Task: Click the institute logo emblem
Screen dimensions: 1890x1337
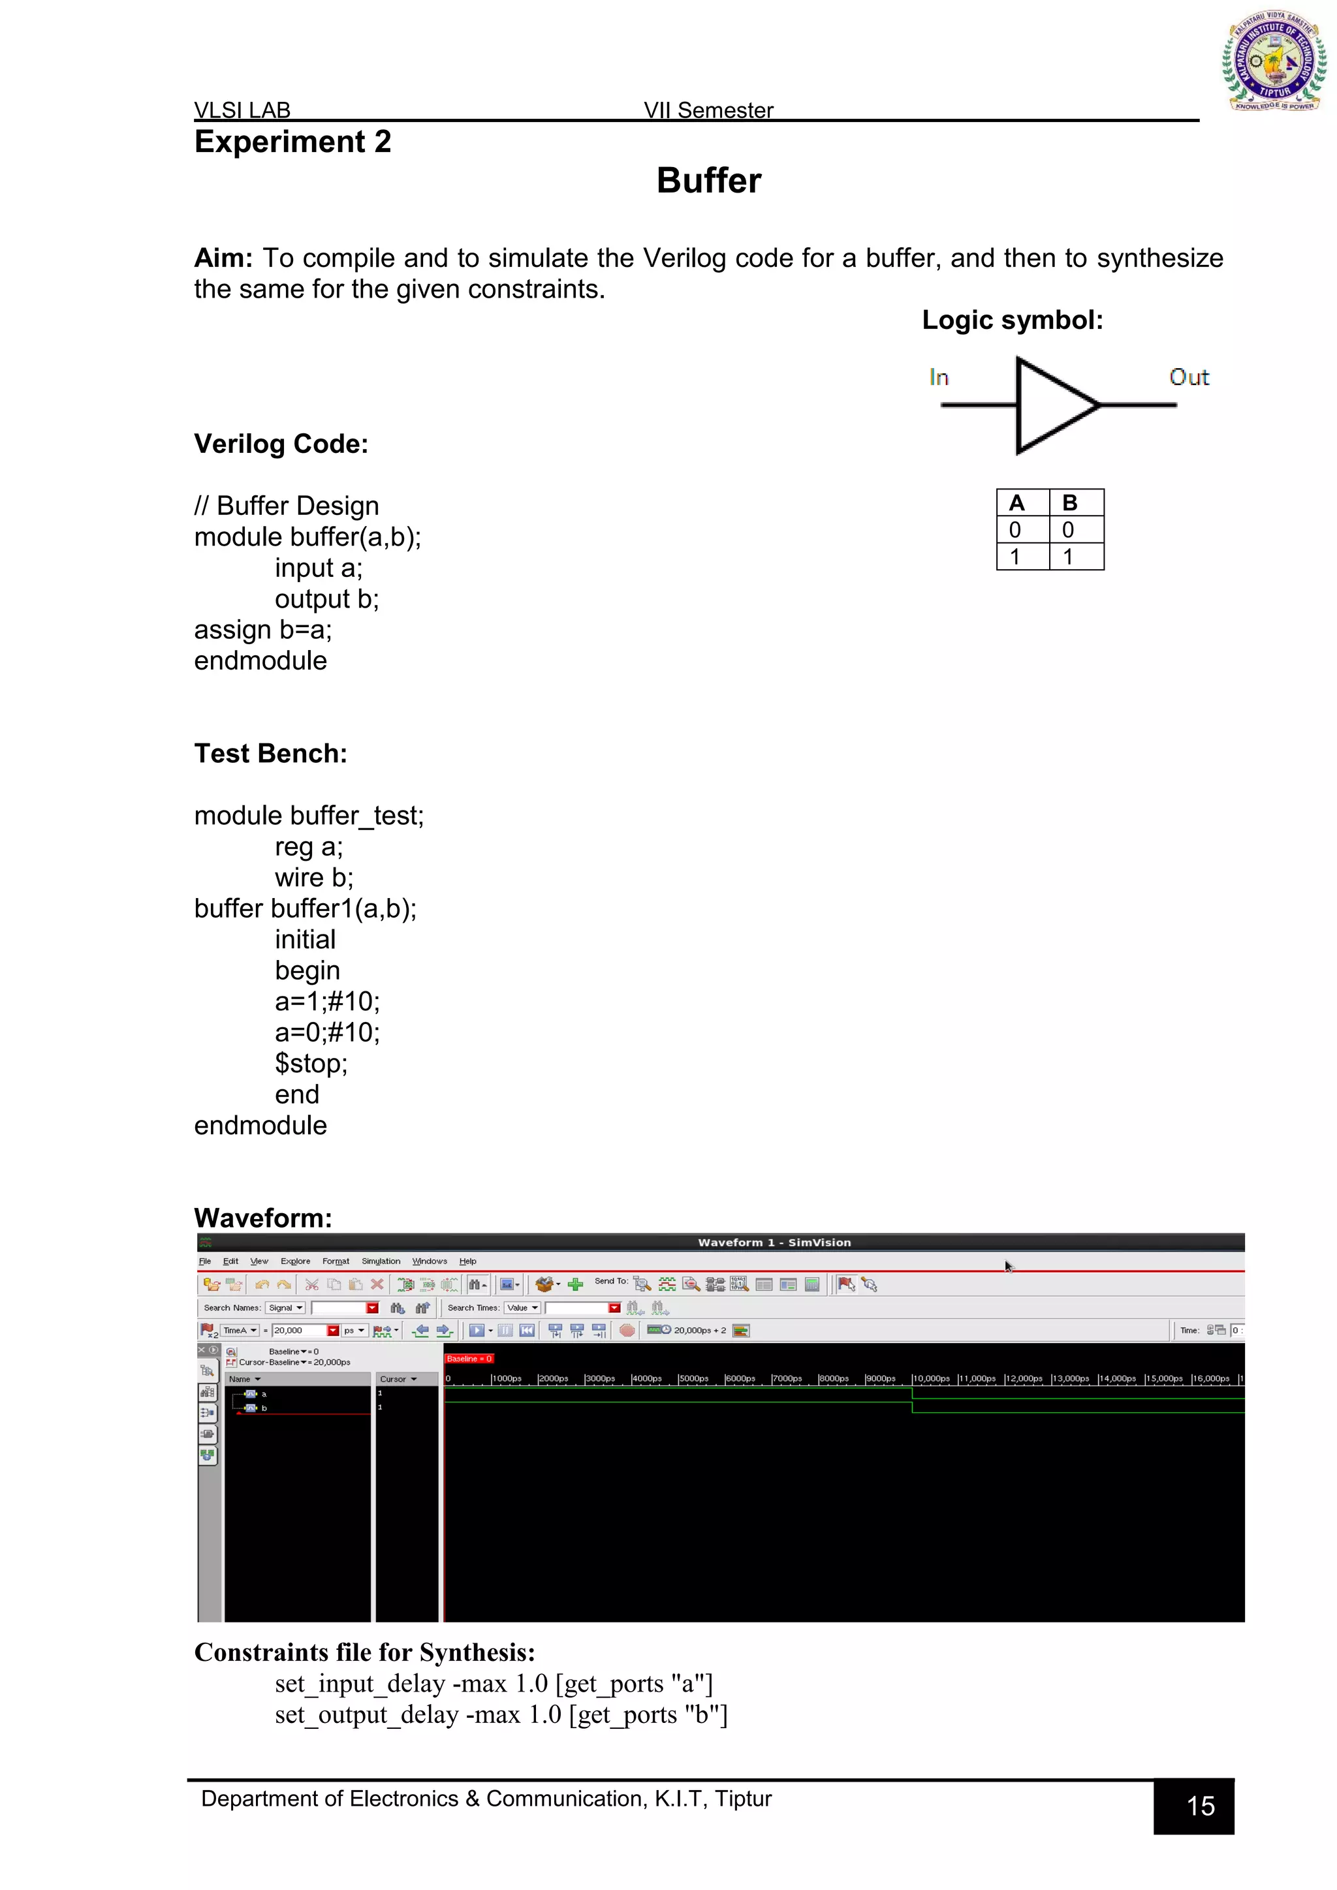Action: [1274, 62]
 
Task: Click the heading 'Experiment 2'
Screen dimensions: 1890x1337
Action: [292, 142]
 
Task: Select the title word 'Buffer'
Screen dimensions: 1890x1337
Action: [708, 180]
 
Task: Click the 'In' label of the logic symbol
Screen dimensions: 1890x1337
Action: [939, 378]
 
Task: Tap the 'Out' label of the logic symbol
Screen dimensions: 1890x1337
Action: [1188, 378]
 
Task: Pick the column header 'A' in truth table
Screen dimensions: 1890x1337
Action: [1016, 502]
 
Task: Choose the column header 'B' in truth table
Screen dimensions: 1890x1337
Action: [1069, 502]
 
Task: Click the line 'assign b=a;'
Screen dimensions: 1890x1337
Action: [262, 630]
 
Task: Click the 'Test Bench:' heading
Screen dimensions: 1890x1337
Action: [270, 753]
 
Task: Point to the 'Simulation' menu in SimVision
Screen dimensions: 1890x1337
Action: [381, 1261]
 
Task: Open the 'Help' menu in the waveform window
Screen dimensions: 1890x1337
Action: [467, 1261]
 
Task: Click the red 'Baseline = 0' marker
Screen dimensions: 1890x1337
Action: [469, 1358]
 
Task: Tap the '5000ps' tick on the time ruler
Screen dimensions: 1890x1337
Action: [693, 1379]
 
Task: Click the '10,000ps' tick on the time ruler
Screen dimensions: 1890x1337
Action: [930, 1379]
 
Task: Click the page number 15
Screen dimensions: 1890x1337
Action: [1201, 1806]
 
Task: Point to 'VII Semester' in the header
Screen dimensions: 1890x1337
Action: [708, 110]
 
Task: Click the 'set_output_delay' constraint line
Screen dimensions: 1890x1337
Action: [501, 1714]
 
